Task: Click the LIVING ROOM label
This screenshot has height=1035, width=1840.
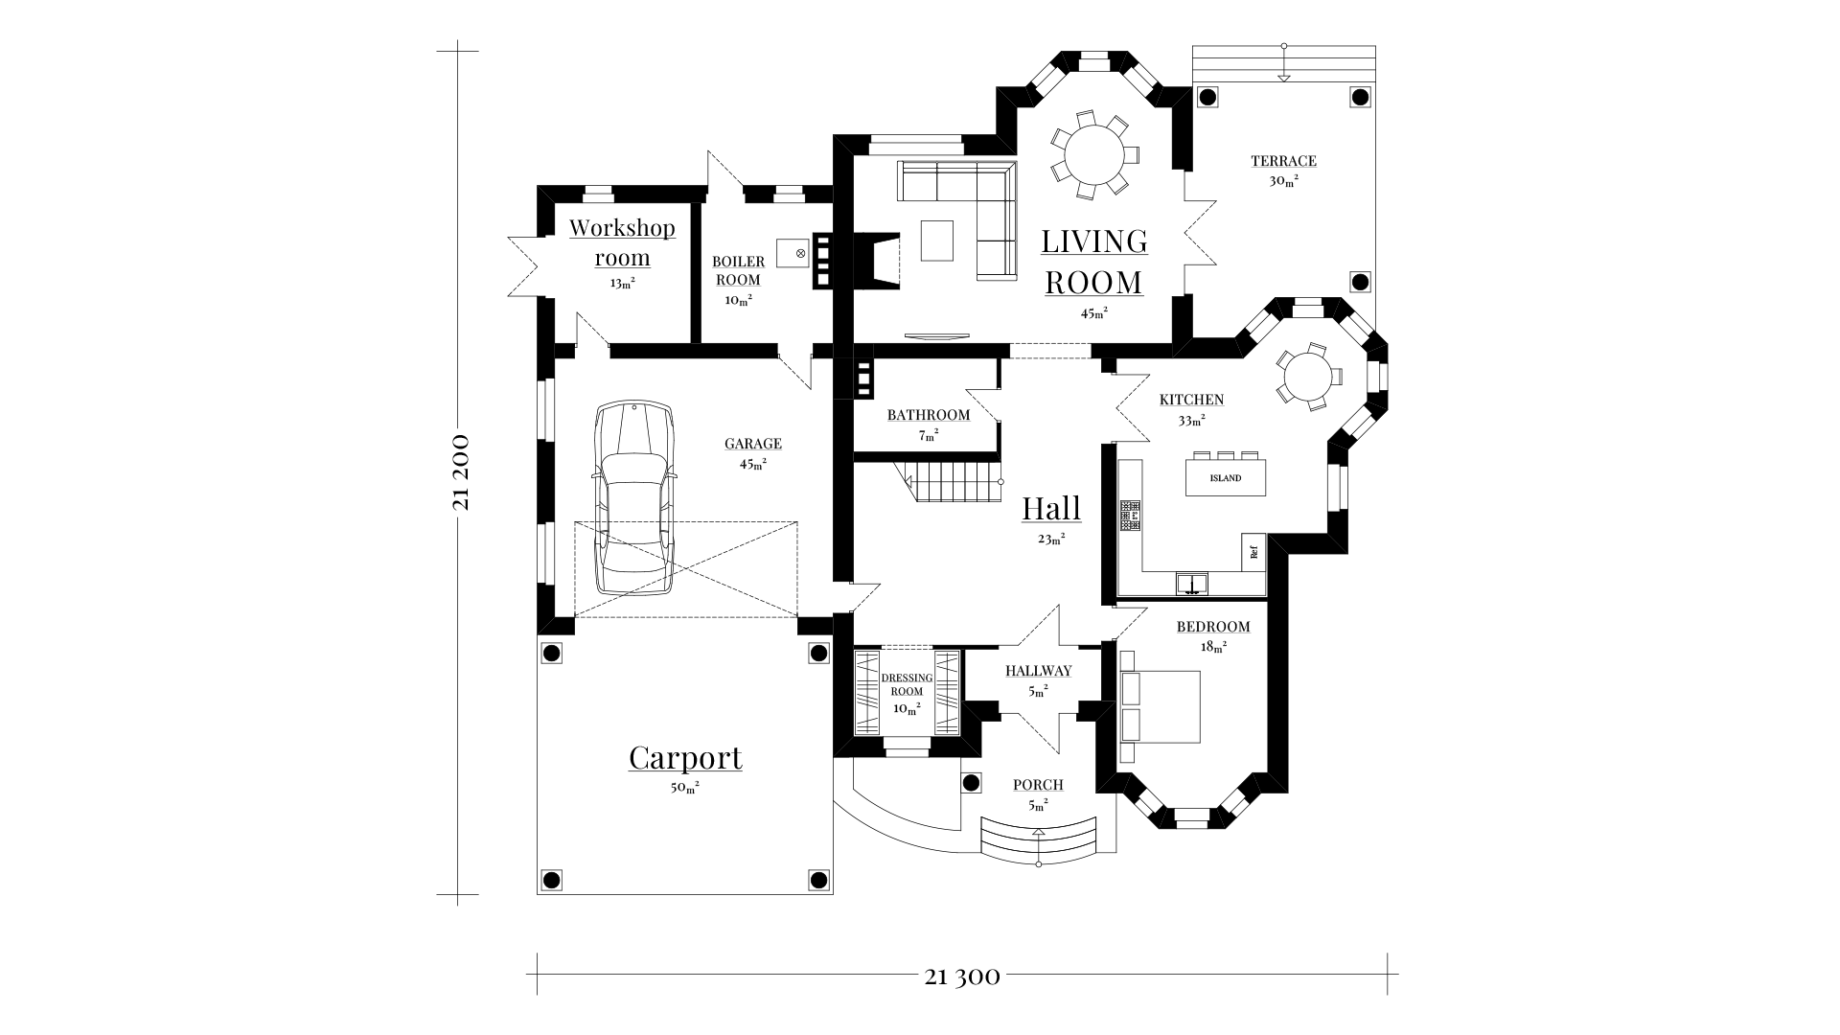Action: (1094, 262)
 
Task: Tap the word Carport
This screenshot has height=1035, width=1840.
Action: (685, 758)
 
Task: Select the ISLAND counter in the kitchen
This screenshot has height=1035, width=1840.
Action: (1226, 477)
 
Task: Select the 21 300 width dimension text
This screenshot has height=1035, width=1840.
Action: (962, 977)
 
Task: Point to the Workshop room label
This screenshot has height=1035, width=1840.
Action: (622, 243)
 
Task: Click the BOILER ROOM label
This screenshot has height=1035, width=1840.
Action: (738, 270)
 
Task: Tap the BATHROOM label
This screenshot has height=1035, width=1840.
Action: (928, 415)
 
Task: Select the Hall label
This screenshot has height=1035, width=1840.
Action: (1051, 508)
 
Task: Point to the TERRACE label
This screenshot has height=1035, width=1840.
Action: (1283, 161)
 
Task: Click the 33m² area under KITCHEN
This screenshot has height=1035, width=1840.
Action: (1191, 419)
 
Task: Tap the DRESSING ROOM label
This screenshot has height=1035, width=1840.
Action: (907, 684)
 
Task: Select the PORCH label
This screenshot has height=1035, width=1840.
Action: (1038, 785)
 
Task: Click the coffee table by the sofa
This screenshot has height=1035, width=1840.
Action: (937, 241)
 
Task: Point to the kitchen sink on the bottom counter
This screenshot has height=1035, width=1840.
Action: (1192, 583)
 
